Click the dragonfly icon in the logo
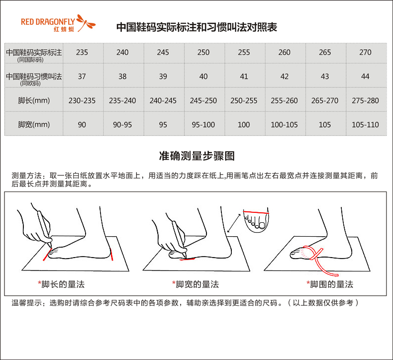pos(86,22)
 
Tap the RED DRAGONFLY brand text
pos(48,22)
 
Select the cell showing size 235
pos(82,52)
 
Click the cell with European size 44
pos(365,77)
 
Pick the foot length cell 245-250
pos(203,101)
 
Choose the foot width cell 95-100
pos(203,125)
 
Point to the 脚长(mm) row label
pos(34,100)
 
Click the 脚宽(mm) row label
pos(34,124)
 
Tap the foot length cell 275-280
pos(365,101)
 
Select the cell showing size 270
pos(365,52)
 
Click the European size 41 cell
pos(244,77)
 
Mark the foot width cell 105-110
pos(365,125)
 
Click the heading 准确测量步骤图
pos(197,156)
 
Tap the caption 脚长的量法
pos(63,284)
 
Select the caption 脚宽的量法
pos(197,284)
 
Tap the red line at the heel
pos(111,255)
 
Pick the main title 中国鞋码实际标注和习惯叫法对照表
pos(197,27)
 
